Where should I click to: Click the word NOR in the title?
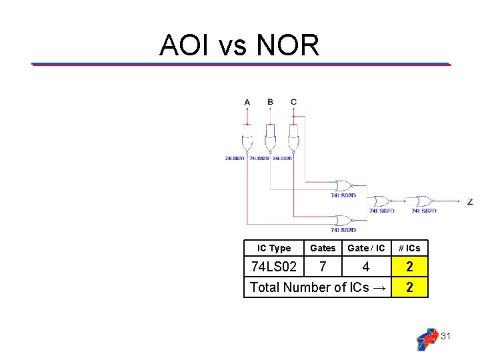coord(287,45)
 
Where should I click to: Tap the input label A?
coord(247,102)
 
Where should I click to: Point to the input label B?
coord(270,101)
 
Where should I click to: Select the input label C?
coord(293,101)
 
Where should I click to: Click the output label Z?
coord(470,201)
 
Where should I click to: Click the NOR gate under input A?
coord(247,143)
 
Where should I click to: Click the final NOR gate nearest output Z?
coord(423,201)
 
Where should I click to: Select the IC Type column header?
coord(274,248)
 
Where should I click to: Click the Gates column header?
coord(323,248)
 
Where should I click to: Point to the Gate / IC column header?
coord(366,248)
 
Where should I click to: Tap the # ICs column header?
coord(409,248)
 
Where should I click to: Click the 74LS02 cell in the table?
coord(273,267)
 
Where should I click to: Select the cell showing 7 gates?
coord(323,267)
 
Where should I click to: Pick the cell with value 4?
coord(366,267)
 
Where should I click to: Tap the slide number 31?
coord(446,336)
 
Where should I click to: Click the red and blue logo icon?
coord(427,339)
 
